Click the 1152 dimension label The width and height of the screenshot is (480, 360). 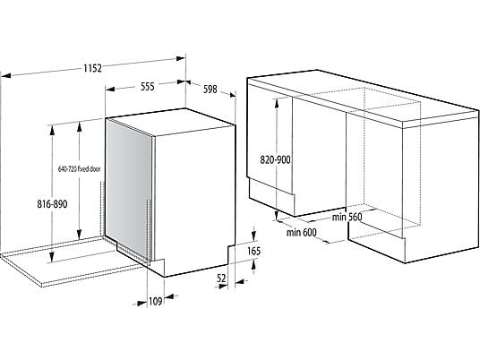point(93,68)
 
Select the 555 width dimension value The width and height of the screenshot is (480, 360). point(147,87)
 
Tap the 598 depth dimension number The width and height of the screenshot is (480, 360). point(210,89)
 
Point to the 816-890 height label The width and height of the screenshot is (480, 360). point(52,204)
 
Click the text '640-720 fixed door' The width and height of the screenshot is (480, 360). point(80,168)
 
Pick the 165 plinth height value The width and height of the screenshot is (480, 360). point(253,252)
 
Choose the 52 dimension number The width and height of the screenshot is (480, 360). point(221,279)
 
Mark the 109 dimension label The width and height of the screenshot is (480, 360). point(155,302)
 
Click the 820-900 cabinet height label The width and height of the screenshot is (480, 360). point(275,159)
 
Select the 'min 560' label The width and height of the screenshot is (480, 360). point(347,217)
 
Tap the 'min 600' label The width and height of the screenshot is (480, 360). point(302,233)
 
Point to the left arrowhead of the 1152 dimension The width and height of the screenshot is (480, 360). point(5,75)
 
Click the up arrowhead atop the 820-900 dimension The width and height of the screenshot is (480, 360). point(277,103)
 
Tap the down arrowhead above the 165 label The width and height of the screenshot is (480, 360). point(253,236)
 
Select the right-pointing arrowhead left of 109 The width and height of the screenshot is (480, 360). point(142,304)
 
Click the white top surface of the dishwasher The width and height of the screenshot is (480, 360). point(170,121)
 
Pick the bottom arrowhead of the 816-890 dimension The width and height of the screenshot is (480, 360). point(52,257)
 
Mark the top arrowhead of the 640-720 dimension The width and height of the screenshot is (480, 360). point(80,126)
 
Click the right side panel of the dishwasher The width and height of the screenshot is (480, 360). point(194,199)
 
